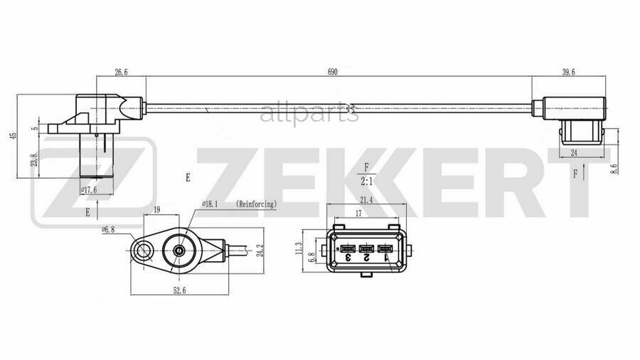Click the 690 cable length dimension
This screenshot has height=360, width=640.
click(332, 71)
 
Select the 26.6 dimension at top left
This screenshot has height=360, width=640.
click(121, 71)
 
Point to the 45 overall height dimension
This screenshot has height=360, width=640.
click(14, 135)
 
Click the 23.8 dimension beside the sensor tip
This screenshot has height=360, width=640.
click(34, 160)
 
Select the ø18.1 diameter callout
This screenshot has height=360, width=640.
click(210, 204)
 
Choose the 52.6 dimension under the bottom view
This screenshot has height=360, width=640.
click(179, 290)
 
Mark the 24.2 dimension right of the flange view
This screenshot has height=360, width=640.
click(261, 250)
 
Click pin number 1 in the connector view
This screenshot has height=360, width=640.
click(385, 258)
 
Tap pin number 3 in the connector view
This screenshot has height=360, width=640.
click(348, 258)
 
